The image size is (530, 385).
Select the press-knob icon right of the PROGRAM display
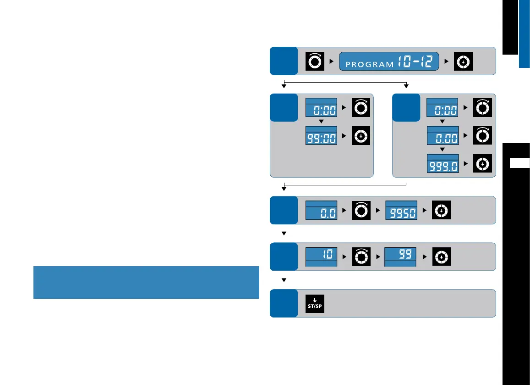[x=463, y=61]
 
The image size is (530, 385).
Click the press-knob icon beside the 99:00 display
[x=361, y=136]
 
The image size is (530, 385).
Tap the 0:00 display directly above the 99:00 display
[x=321, y=108]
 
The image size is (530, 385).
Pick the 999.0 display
[x=443, y=164]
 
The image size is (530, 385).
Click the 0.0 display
[x=321, y=211]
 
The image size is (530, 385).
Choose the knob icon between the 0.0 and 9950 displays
[x=361, y=211]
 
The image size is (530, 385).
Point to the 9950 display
[x=401, y=211]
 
